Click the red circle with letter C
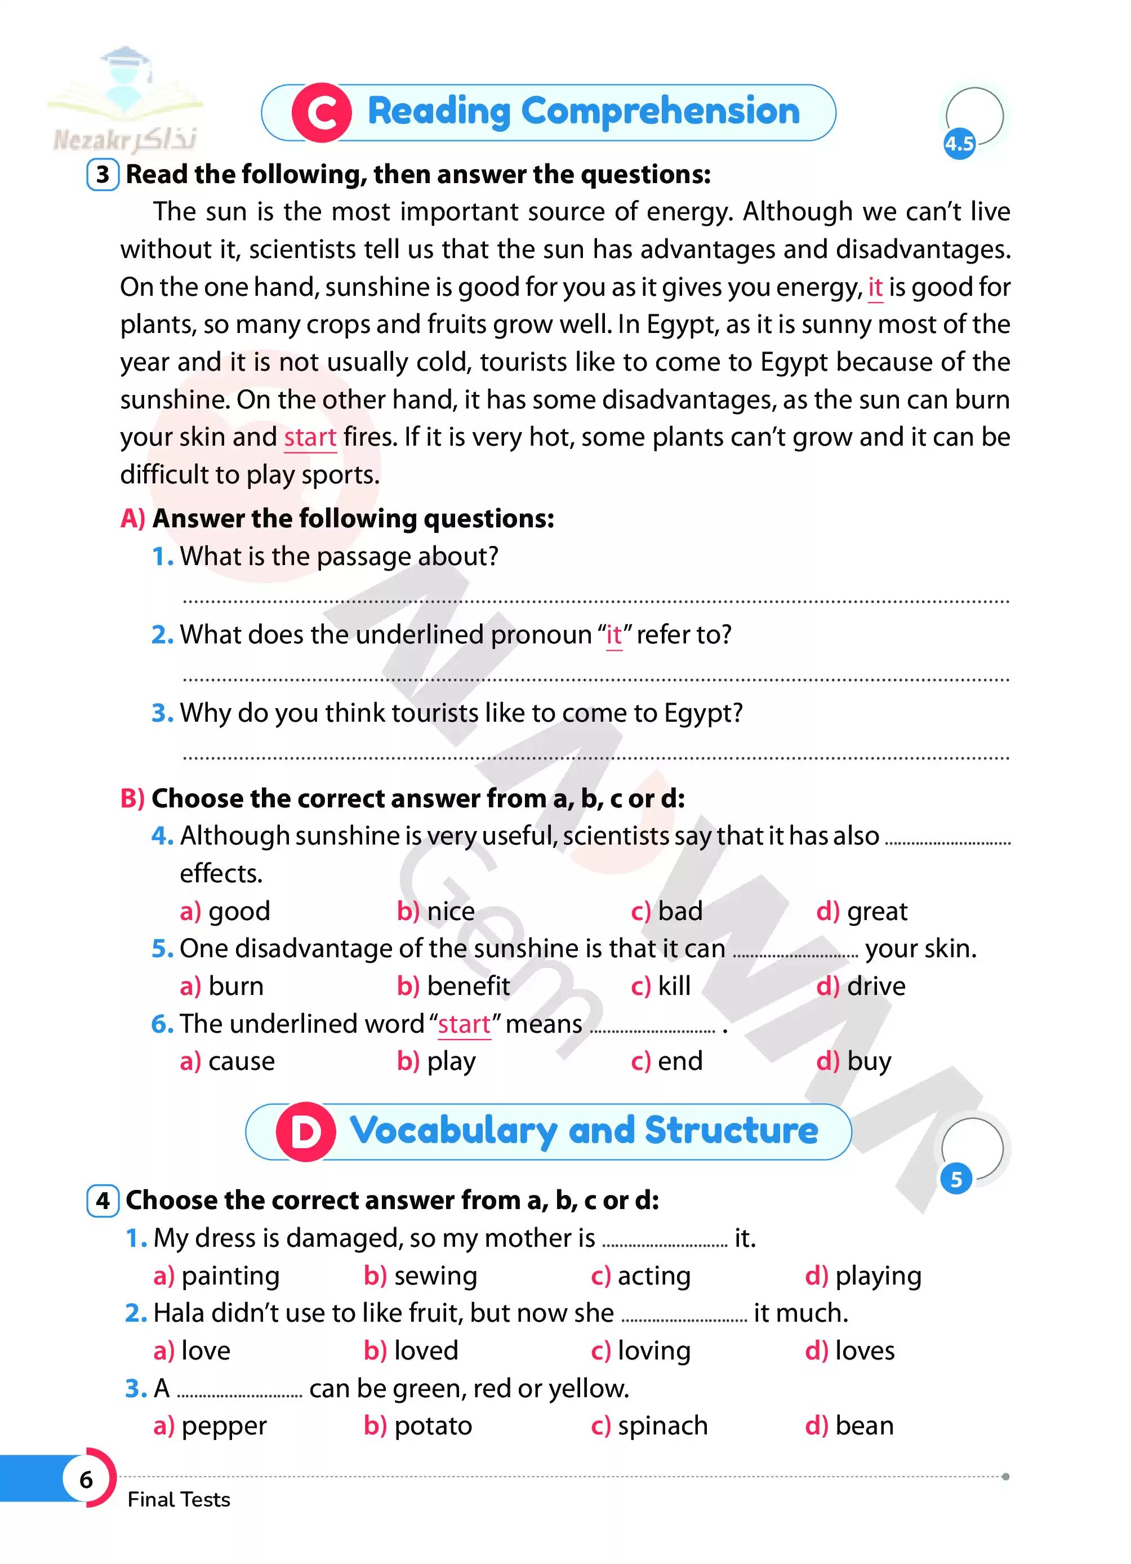(321, 113)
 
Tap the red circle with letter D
(305, 1132)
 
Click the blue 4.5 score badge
(959, 144)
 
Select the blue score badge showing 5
(956, 1179)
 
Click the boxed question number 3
(103, 175)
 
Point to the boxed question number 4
(103, 1201)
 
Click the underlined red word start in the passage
(310, 437)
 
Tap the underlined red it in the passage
(875, 287)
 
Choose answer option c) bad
(666, 911)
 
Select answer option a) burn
(222, 986)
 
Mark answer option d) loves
(850, 1350)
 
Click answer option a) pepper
(210, 1425)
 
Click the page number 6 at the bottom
(86, 1479)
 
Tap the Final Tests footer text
(179, 1499)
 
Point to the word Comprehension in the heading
(660, 111)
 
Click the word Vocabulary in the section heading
(453, 1132)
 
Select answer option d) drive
(861, 986)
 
